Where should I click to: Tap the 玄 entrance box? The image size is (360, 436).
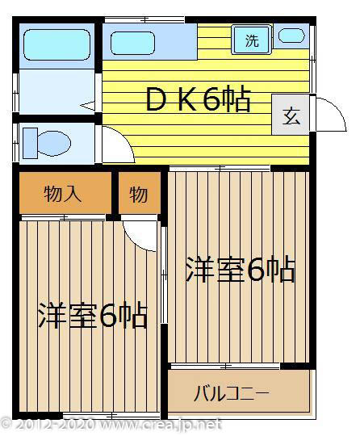291,115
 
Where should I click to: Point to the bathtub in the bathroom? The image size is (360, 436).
56,45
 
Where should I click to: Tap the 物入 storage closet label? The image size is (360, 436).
63,194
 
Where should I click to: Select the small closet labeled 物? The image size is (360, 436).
138,194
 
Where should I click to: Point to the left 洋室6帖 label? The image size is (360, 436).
93,315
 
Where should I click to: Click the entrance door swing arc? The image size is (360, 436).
323,113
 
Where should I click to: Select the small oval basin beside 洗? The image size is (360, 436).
291,36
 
